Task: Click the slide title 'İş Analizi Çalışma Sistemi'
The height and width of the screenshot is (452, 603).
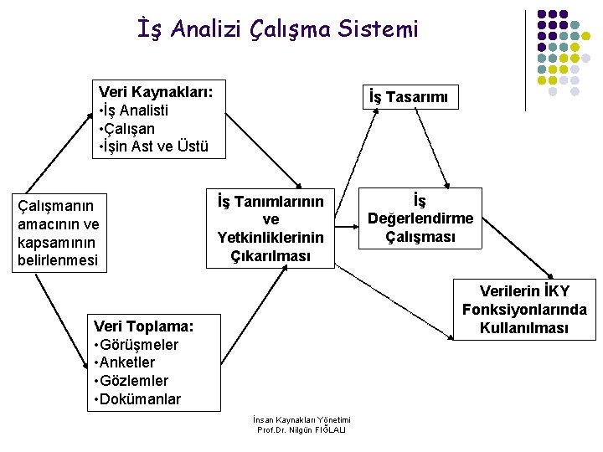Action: click(278, 30)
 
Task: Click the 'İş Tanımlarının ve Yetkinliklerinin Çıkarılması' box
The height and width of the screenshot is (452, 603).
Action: click(271, 228)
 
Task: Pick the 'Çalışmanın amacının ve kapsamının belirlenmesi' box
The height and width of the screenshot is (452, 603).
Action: click(58, 233)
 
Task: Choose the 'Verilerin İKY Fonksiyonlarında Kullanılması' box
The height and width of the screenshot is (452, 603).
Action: click(524, 309)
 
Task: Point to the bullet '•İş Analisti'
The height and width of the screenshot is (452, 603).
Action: click(133, 110)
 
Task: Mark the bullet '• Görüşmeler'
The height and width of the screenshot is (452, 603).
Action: click(137, 344)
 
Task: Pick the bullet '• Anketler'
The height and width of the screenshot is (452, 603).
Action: click(126, 362)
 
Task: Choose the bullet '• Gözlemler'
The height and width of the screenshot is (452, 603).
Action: click(131, 381)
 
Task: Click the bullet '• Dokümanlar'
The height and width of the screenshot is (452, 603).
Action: click(138, 399)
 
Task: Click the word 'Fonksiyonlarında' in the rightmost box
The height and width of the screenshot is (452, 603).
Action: click(524, 309)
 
